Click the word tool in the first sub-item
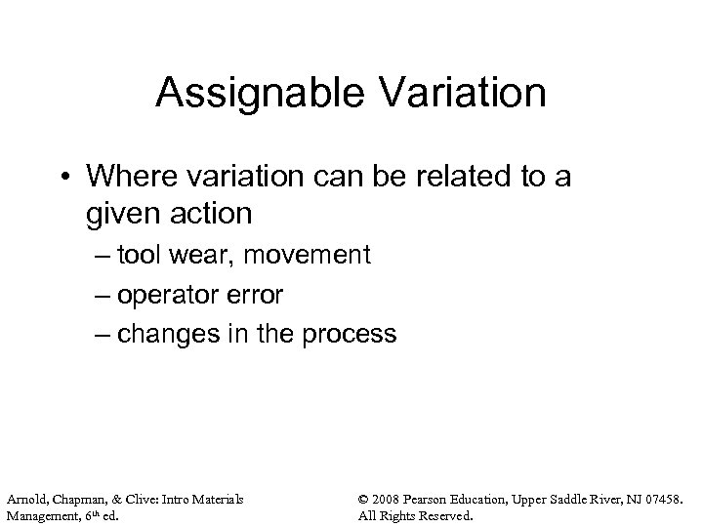click(x=139, y=256)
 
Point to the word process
click(x=349, y=334)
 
